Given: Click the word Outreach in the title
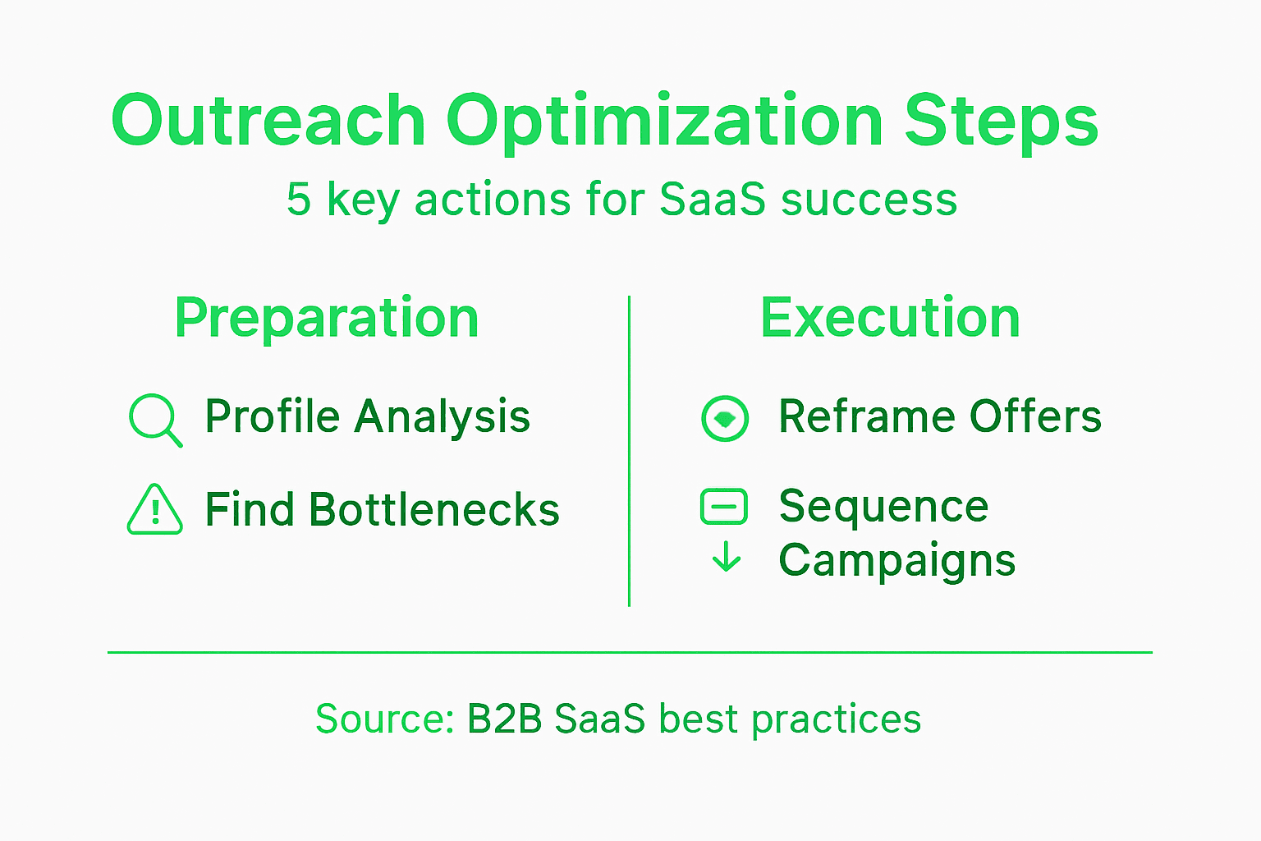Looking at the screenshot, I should [x=268, y=121].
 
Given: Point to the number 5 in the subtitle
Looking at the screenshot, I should [x=299, y=200].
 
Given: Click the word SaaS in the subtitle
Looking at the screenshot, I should [x=713, y=200].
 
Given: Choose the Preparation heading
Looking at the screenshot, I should [x=327, y=319].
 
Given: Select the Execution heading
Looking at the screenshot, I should [x=890, y=318].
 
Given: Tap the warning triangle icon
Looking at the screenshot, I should [x=154, y=510].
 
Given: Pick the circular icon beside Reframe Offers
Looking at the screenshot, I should [x=725, y=418].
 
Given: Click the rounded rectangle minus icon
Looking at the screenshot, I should [x=724, y=507].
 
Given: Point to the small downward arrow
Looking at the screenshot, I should [x=726, y=558].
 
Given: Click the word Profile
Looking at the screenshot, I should [x=273, y=416].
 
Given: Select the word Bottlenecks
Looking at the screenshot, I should [x=434, y=510].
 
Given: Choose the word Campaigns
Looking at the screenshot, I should [x=896, y=562].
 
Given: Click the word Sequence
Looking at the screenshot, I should [x=883, y=506].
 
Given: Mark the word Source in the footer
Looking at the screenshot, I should [x=384, y=719].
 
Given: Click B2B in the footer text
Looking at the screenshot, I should [x=505, y=719].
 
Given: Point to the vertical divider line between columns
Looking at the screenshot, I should [x=629, y=451].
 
